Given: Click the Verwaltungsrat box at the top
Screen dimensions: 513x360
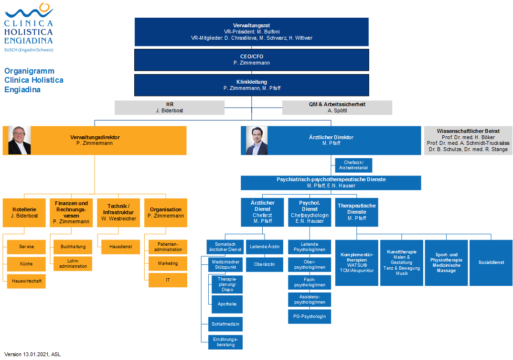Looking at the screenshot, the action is click(x=252, y=32).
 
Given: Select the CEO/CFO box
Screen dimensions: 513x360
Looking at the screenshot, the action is click(x=252, y=60).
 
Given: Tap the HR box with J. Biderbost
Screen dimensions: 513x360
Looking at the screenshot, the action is click(x=170, y=108).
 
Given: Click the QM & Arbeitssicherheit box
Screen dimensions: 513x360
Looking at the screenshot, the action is click(x=337, y=108).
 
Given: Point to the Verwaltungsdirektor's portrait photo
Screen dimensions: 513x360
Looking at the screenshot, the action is click(x=19, y=140).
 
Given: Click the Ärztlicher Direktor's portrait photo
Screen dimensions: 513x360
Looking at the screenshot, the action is click(x=257, y=141).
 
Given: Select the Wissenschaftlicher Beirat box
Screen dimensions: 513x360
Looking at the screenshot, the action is click(x=468, y=140).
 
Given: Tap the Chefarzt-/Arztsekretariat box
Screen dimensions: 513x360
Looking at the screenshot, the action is click(x=353, y=165).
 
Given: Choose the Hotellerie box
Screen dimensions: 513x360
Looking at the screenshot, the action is click(x=24, y=213).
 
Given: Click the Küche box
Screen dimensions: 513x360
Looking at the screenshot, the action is click(x=26, y=264).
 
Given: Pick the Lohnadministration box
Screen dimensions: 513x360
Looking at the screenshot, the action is click(x=73, y=264).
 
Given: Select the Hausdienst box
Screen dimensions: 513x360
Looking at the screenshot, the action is click(x=120, y=247).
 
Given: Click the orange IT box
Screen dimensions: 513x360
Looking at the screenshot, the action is click(x=168, y=280).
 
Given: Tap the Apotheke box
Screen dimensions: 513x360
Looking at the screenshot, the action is click(x=227, y=305).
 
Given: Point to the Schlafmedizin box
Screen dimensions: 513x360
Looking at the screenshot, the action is click(x=225, y=324).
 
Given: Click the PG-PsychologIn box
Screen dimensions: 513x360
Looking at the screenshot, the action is click(x=310, y=316).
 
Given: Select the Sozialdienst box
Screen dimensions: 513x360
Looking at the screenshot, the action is click(x=491, y=263).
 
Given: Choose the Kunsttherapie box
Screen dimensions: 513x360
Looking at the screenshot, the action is click(x=402, y=263).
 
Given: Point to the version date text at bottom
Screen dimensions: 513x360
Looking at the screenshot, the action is click(x=32, y=354).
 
